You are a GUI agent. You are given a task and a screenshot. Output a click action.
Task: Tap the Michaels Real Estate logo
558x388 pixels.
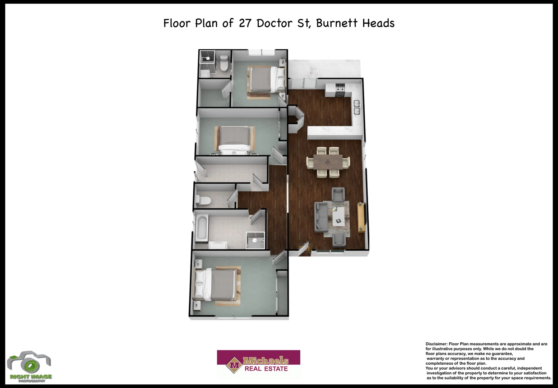click(x=258, y=364)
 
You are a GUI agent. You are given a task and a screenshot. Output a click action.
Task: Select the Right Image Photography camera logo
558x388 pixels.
click(x=29, y=366)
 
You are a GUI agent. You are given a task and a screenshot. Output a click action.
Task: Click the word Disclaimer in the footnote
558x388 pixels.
click(x=436, y=344)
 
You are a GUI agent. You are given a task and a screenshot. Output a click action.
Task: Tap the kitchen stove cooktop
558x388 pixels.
click(x=340, y=89)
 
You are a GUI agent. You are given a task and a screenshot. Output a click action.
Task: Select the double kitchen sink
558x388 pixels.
click(x=357, y=107)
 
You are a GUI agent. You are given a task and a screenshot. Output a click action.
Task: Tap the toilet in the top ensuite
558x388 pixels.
click(x=224, y=63)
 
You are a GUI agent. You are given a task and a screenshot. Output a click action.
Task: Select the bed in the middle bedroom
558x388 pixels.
click(x=234, y=140)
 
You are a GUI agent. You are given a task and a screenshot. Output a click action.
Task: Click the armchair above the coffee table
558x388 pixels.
click(x=338, y=195)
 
